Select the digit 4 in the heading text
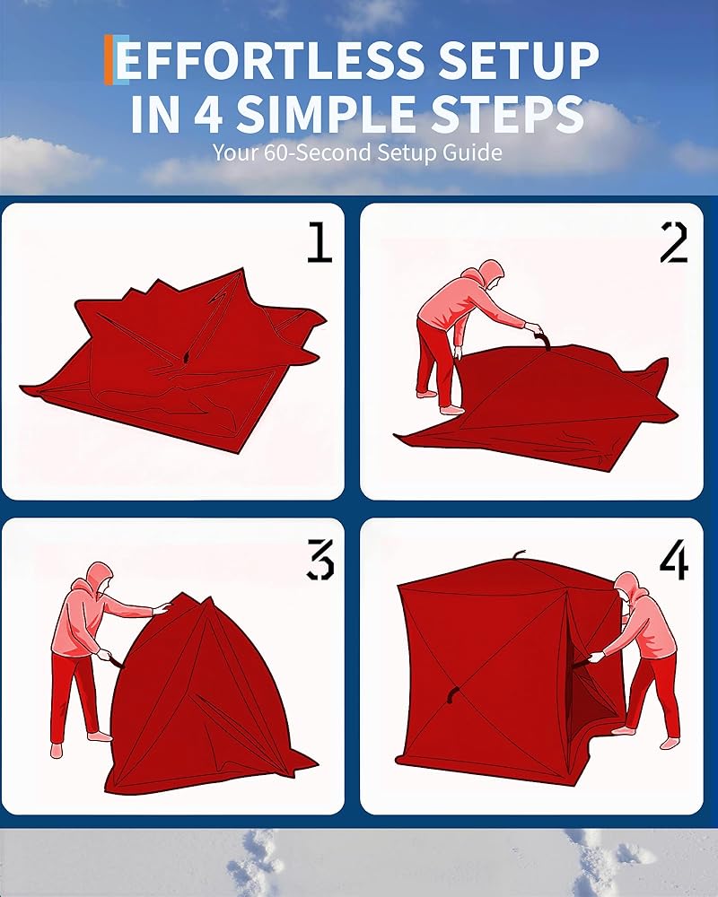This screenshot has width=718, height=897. pos(209,114)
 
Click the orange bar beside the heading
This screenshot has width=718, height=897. pos(109,59)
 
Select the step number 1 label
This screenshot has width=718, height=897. pos(320,242)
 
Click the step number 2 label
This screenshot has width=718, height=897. pos(673,242)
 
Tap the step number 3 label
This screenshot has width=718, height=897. pos(320,559)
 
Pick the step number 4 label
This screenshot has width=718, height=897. pos(673,559)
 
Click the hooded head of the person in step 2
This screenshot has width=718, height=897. pos(491,274)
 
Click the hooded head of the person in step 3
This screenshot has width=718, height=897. pos(100,577)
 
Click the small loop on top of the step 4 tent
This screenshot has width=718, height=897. pos(518,555)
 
